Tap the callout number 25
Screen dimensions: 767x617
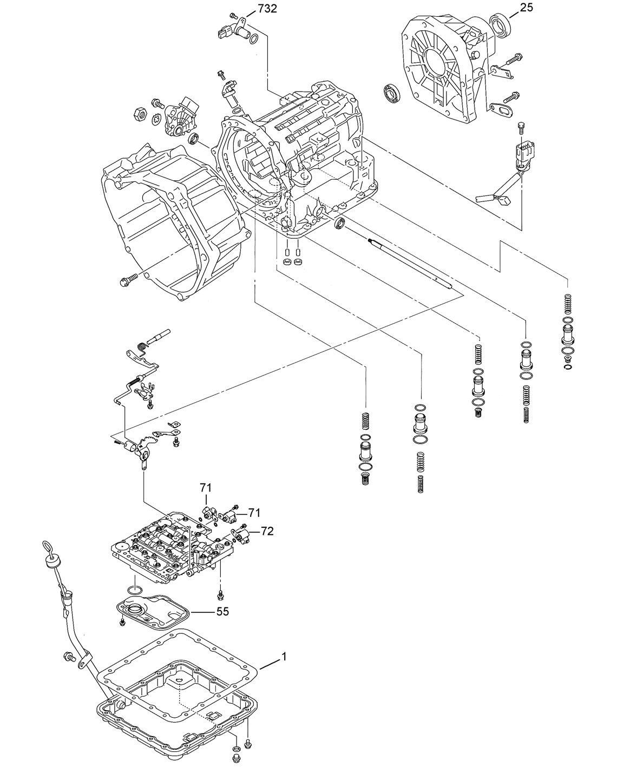(x=527, y=8)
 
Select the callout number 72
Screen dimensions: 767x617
(x=267, y=531)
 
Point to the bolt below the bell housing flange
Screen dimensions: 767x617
(x=124, y=280)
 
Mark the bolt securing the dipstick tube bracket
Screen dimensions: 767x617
(x=69, y=657)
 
